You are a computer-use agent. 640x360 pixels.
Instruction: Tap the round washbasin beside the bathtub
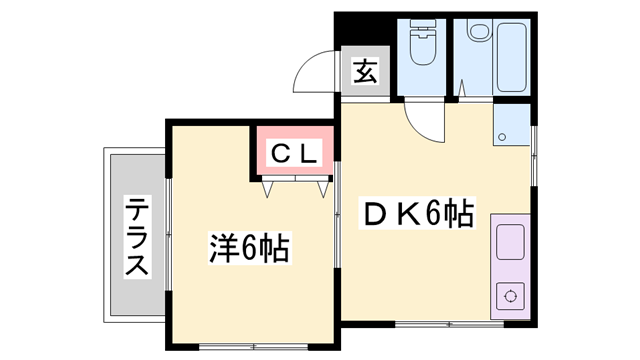pos(478,32)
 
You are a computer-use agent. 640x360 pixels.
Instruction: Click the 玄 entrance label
pos(363,72)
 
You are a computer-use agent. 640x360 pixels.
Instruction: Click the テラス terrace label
pos(137,238)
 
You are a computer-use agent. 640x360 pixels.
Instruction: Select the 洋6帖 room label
pos(248,247)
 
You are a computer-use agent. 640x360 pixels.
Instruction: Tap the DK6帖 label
pos(418,214)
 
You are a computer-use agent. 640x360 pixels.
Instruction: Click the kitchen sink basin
pos(510,244)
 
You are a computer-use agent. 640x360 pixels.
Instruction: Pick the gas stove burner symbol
pos(511,296)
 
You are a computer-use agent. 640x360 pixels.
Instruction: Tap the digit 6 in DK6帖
pos(433,214)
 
